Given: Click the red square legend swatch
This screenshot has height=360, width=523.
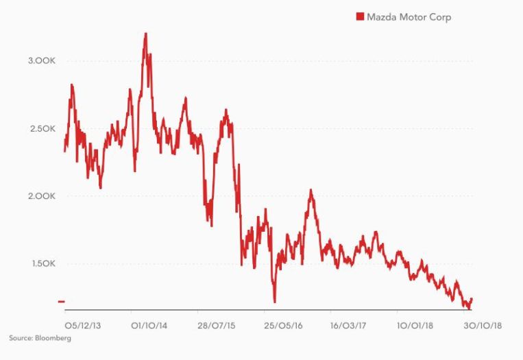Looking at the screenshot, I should coord(358,17).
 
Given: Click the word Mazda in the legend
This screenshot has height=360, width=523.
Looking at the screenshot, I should coord(381,17).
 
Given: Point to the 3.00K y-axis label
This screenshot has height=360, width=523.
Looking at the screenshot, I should coord(42,61).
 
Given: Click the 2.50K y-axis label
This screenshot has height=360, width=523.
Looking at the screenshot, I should coord(42,129).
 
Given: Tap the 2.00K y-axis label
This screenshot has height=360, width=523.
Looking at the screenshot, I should coord(42,196).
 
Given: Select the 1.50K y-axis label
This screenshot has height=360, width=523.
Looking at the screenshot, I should coord(42,264).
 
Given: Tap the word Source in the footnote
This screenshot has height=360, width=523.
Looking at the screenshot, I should coord(21,338).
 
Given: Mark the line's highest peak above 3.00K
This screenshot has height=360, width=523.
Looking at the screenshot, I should coord(146,33).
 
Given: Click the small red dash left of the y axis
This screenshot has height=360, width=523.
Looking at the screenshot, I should coord(61,302).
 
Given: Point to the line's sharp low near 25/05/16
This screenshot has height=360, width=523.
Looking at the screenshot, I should coord(274,300).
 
